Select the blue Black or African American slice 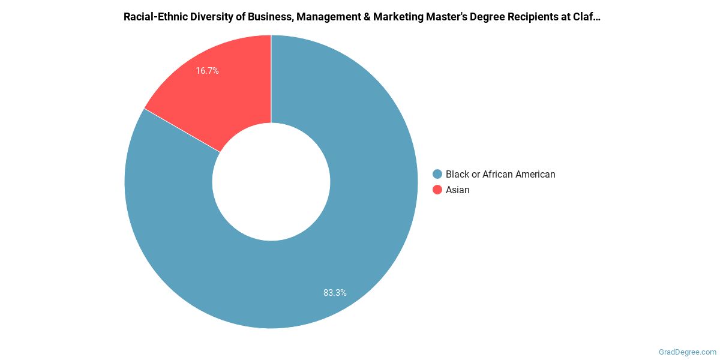coord(336,252)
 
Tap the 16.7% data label coord(207,71)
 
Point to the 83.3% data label coord(335,293)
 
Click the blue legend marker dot coord(437,174)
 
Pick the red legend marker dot coord(437,190)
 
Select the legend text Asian coord(458,190)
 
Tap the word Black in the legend coord(457,174)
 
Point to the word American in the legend coord(536,174)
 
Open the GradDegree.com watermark coord(686,352)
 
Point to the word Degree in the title coord(487,17)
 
